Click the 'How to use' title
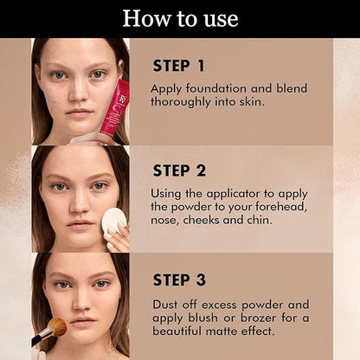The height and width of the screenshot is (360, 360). (x=180, y=19)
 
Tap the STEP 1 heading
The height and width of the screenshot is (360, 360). (x=179, y=66)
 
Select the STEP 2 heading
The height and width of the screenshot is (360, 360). (x=179, y=170)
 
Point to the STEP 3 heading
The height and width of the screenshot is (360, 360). (x=179, y=280)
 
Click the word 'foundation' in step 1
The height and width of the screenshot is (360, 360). (x=216, y=88)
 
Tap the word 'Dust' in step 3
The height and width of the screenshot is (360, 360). (x=165, y=305)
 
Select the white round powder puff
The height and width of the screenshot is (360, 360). (x=114, y=221)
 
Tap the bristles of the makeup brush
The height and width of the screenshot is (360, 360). (x=58, y=326)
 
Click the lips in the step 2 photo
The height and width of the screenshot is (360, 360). (x=80, y=225)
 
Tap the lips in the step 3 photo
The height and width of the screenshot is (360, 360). (x=83, y=321)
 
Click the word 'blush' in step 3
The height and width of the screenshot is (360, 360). (x=202, y=318)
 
